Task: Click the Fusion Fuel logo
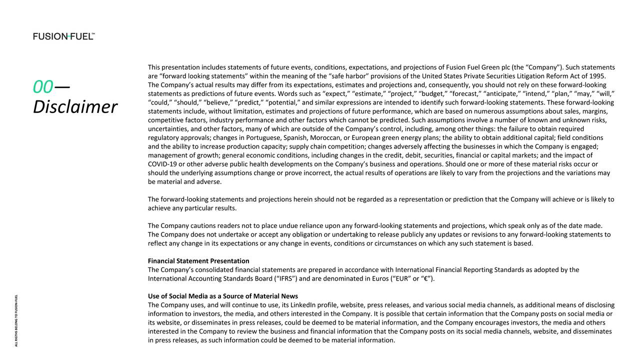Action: (x=64, y=36)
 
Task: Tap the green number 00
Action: (x=42, y=87)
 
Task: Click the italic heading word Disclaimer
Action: (x=75, y=107)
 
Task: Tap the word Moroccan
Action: (x=324, y=137)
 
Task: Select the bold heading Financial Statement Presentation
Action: (x=198, y=261)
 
